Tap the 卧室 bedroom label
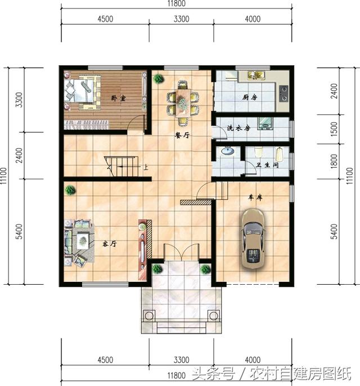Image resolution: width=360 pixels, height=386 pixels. [x=118, y=98]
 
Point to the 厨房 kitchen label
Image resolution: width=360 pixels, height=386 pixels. [x=249, y=97]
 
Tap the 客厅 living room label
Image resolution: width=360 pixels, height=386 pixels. [x=109, y=244]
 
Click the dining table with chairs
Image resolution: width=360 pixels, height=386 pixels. [x=182, y=102]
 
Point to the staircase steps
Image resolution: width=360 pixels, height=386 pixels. [x=124, y=167]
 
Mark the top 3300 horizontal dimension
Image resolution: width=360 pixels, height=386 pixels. [x=181, y=19]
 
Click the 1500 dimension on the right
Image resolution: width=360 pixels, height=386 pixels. [x=334, y=128]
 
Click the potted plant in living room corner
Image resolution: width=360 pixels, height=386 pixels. [x=70, y=190]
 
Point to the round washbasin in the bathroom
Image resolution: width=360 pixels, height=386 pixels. [x=227, y=151]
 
